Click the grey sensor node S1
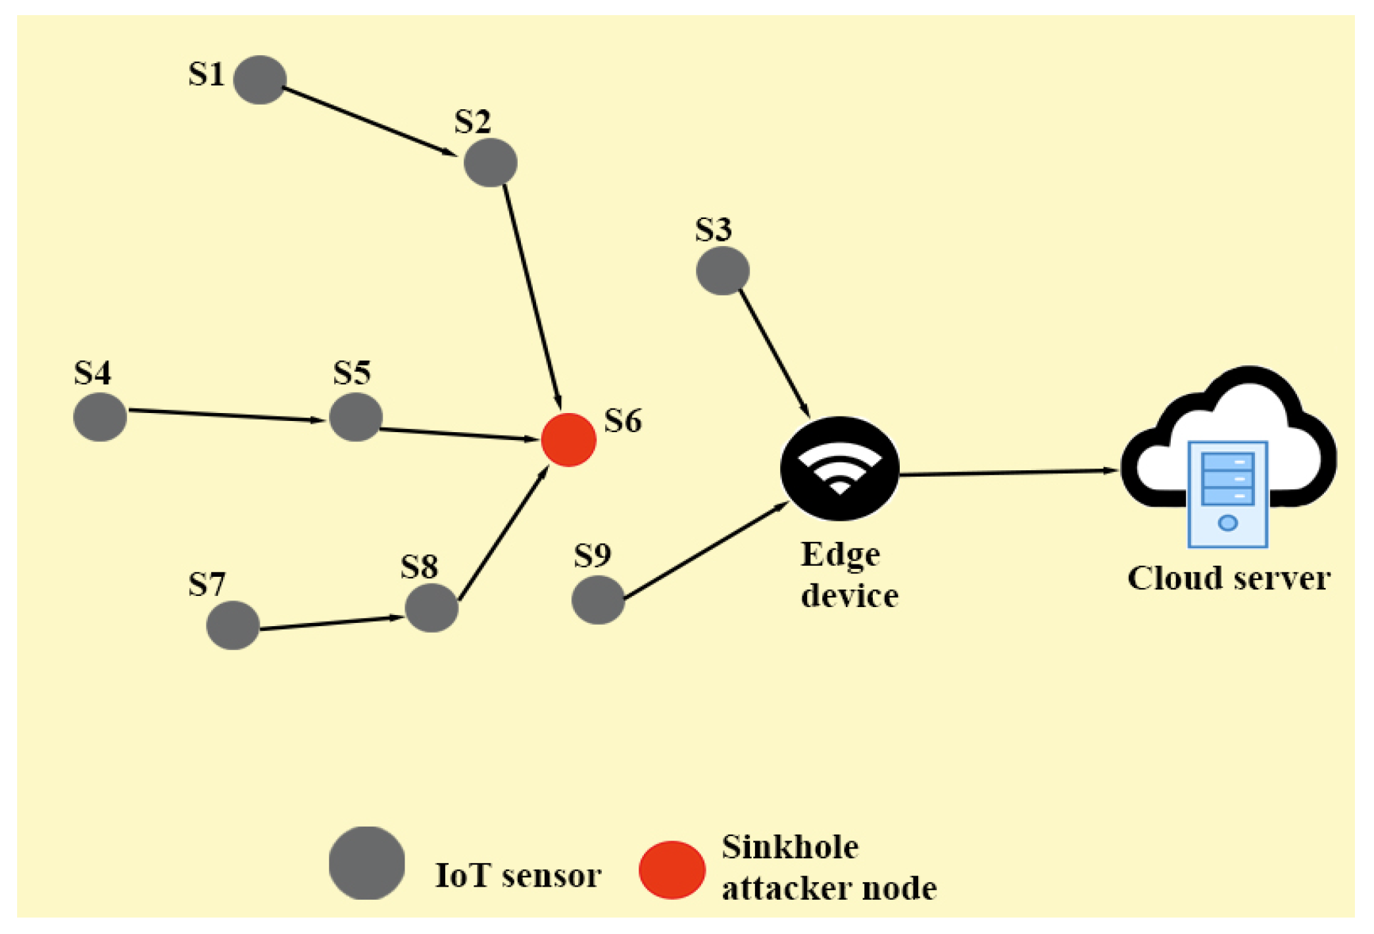coord(260,80)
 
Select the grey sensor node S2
coord(490,162)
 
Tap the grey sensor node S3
coord(722,270)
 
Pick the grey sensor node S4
coord(100,417)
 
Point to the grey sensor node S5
coord(356,417)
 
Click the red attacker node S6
coord(568,439)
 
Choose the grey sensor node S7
coord(233,625)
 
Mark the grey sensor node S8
coord(431,608)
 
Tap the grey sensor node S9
coord(598,600)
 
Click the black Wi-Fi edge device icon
coord(839,468)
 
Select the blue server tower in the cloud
coord(1227,493)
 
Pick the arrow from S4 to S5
coord(227,415)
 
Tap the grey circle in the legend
coord(366,862)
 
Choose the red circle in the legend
coord(672,870)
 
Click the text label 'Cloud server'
coord(1229,579)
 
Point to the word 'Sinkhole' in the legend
coord(790,847)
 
